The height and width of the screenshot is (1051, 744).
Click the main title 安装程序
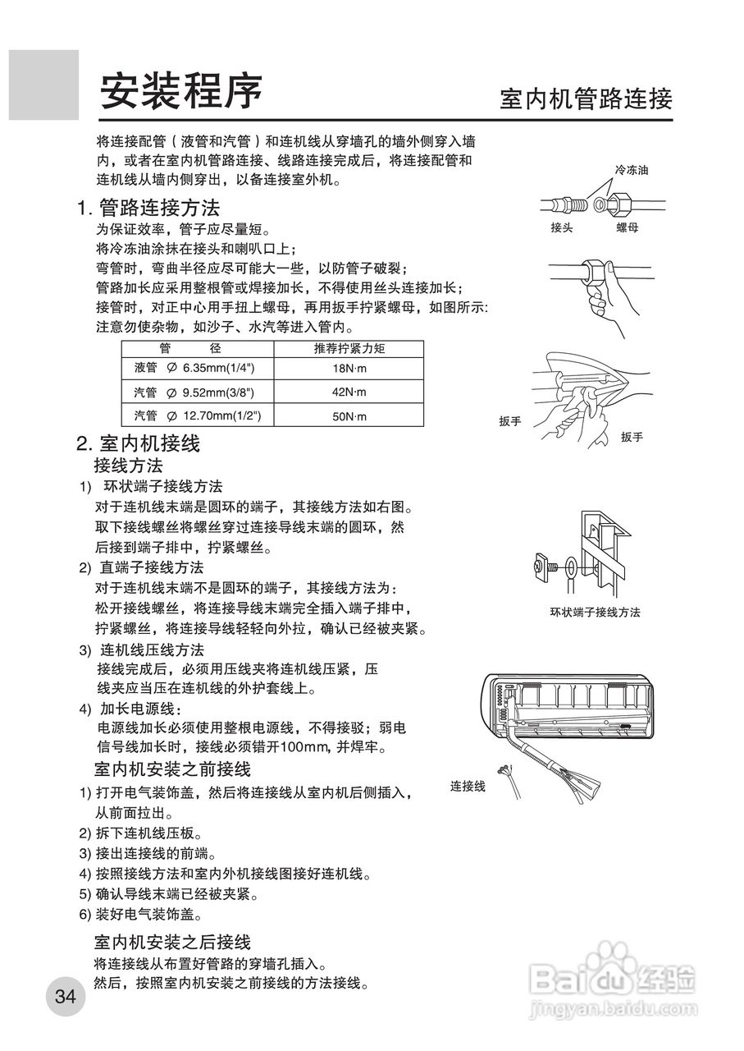pos(181,92)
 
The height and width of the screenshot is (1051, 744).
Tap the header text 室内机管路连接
pos(586,100)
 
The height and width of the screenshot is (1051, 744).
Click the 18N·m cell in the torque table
pos(349,368)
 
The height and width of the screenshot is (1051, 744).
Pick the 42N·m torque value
pos(349,392)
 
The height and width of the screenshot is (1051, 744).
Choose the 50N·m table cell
pos(349,417)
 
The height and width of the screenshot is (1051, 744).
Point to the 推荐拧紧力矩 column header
pos(349,348)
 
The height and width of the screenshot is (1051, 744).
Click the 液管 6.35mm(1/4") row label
pos(194,368)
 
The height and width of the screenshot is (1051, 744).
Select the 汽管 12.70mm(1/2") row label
pos(198,416)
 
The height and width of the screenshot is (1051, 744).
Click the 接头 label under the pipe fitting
pos(562,228)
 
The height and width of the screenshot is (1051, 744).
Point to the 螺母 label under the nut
pos(627,228)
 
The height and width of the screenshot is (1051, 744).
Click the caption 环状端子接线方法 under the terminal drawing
pos(595,613)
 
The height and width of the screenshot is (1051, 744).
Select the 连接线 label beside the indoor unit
pos(468,787)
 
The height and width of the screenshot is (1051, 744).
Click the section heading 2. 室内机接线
pos(139,444)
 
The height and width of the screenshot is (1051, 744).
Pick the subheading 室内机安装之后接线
pos(172,941)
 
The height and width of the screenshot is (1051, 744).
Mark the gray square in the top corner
pos(43,84)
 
